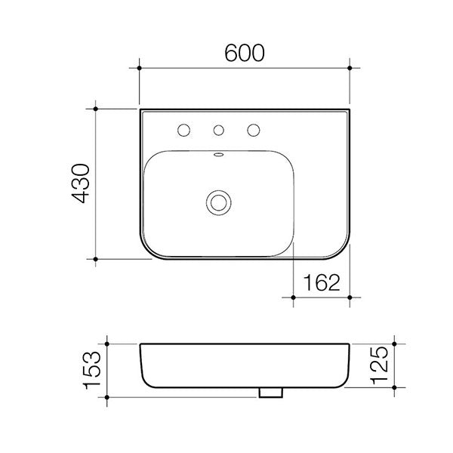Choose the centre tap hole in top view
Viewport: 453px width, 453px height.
(219, 130)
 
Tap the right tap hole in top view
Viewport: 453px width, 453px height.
(254, 130)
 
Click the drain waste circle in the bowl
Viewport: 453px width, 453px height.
(219, 201)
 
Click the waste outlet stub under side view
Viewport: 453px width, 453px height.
(270, 393)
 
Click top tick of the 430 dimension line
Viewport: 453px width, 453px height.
(96, 109)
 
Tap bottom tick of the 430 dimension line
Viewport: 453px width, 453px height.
(96, 258)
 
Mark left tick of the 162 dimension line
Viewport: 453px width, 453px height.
(294, 297)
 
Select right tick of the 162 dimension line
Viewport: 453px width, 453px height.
(350, 297)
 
